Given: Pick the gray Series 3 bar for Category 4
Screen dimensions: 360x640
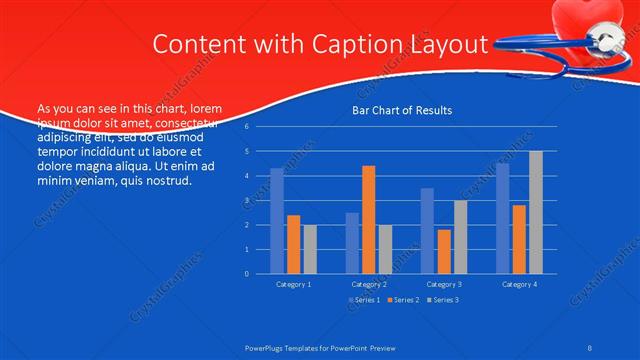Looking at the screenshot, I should coord(536,212).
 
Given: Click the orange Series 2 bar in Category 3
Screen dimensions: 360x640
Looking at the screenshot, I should coord(444,251).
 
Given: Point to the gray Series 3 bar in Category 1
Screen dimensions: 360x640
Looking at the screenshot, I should coord(310,249).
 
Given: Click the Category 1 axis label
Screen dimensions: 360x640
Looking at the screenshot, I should coord(293,284).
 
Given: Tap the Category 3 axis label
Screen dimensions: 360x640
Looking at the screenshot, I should coord(444,284).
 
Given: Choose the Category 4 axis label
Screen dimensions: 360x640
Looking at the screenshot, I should coord(519,284).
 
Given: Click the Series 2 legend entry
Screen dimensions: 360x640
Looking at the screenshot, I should coord(403,300).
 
